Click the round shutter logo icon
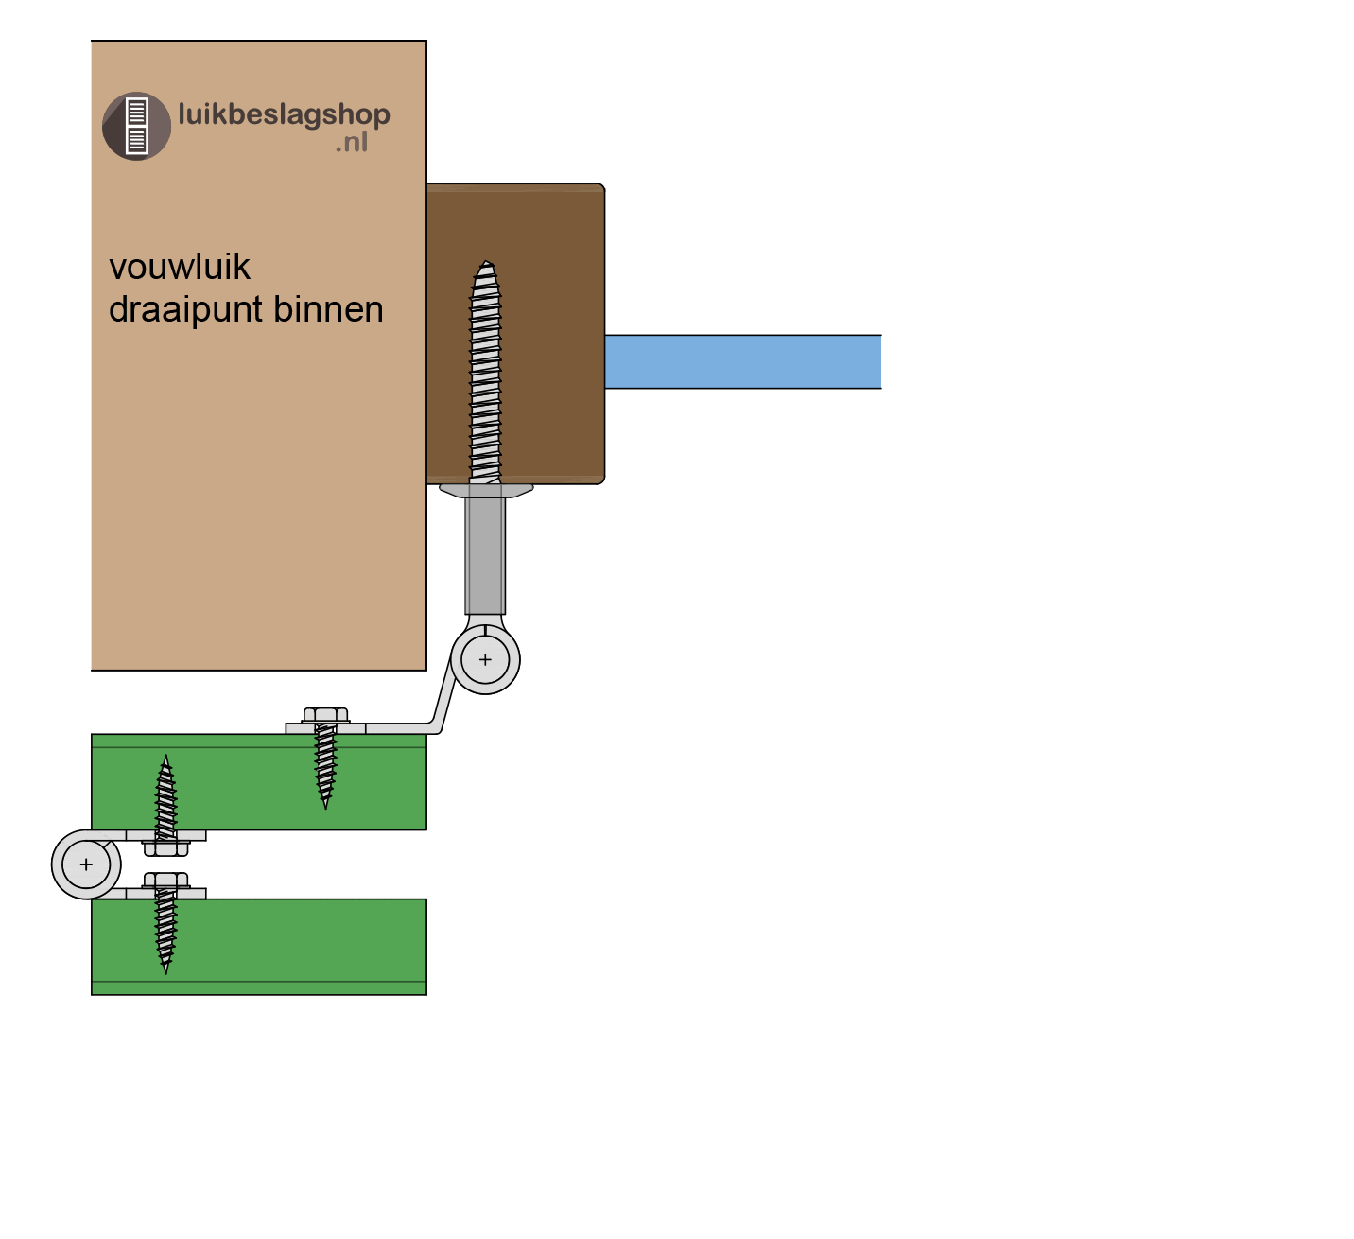[136, 126]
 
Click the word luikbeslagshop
[284, 114]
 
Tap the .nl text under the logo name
[351, 144]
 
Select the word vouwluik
[180, 268]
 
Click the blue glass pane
[742, 361]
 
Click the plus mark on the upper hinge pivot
[485, 659]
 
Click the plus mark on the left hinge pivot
[86, 864]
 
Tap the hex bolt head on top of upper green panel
[326, 715]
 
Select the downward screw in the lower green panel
[165, 932]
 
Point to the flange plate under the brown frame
[486, 490]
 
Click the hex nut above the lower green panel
[165, 881]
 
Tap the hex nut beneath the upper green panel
[165, 847]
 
